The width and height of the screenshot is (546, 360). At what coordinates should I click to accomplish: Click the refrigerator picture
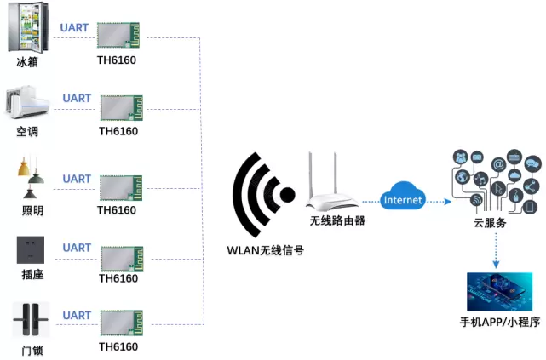pos(27,28)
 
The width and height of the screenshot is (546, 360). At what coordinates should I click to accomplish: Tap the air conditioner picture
pos(27,102)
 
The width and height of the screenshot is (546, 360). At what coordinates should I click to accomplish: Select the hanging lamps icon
pos(30,174)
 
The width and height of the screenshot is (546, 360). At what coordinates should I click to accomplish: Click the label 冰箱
pos(27,62)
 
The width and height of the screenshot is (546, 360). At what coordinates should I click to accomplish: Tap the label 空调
pos(27,132)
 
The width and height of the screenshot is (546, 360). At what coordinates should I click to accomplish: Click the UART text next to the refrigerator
pos(75,27)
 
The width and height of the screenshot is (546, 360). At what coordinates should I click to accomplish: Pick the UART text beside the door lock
pos(77,316)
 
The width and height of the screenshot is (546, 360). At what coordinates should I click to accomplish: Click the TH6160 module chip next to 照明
pos(121,188)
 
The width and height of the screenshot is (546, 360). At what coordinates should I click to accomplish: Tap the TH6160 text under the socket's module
pos(118,278)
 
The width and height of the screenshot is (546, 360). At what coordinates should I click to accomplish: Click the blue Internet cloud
pos(403,200)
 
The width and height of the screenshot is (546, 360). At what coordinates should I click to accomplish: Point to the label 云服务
pos(490,223)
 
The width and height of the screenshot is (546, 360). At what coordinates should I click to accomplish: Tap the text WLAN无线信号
pos(265,249)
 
